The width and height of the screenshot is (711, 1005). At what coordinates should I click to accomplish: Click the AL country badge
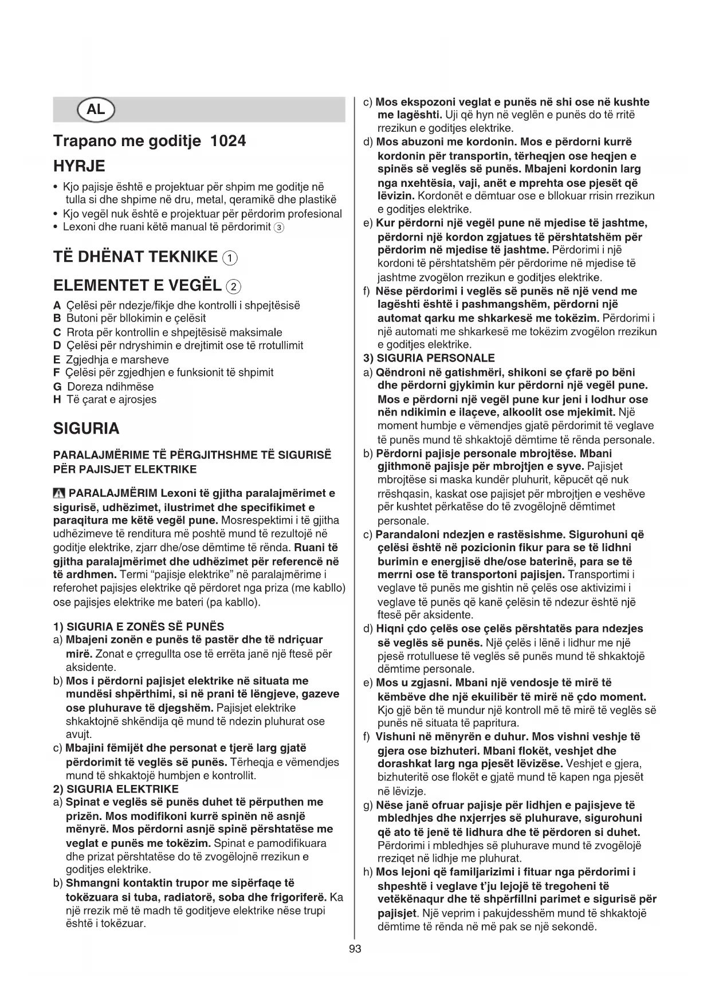pyautogui.click(x=96, y=109)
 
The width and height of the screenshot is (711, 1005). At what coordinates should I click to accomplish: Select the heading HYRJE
pyautogui.click(x=79, y=166)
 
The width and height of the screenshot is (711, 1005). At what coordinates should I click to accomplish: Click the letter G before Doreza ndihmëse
pyautogui.click(x=57, y=387)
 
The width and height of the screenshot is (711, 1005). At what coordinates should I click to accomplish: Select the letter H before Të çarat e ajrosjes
pyautogui.click(x=57, y=400)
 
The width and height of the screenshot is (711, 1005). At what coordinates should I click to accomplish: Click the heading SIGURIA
pyautogui.click(x=86, y=429)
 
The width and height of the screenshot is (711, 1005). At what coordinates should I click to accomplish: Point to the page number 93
pyautogui.click(x=355, y=949)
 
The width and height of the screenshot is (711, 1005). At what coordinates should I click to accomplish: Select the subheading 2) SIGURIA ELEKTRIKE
pyautogui.click(x=116, y=789)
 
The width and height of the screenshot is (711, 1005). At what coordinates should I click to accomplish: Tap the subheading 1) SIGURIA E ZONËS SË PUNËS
pyautogui.click(x=138, y=627)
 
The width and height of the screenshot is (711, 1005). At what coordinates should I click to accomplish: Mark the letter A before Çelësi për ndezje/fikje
pyautogui.click(x=57, y=305)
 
